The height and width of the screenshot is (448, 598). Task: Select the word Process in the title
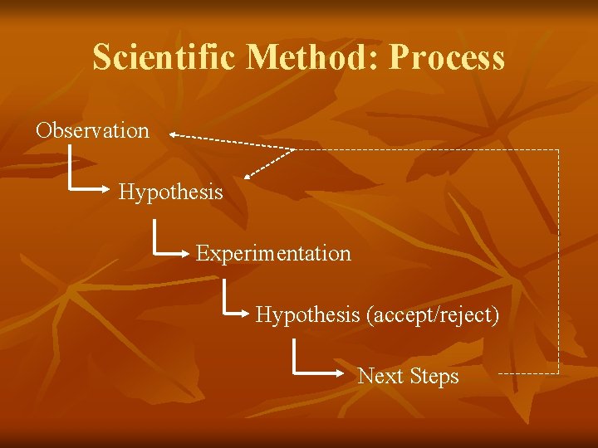[447, 58]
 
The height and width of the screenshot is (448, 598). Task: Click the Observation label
[92, 130]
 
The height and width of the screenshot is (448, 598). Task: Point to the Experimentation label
[273, 253]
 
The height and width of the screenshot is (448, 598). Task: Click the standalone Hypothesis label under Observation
[170, 192]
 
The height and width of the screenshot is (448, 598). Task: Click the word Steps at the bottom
[434, 376]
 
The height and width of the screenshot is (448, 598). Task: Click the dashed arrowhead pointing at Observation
[173, 133]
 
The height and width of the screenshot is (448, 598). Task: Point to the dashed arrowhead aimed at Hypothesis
[250, 175]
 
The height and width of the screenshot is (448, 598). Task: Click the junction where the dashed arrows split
[295, 149]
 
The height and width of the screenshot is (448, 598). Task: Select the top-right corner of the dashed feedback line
[559, 150]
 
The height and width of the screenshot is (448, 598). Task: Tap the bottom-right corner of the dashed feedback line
[559, 373]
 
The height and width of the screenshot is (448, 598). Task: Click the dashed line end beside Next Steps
[499, 373]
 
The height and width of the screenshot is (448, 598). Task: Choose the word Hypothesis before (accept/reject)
[306, 315]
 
